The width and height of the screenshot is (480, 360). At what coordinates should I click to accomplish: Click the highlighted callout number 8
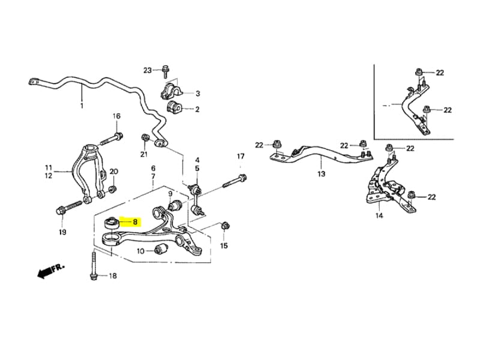(135, 221)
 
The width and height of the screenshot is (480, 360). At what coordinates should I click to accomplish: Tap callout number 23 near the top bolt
(148, 70)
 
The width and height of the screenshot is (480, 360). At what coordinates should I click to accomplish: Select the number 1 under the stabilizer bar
(82, 106)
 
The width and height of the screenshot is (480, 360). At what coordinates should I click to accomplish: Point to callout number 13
(321, 174)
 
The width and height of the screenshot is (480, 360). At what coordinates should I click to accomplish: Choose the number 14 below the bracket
(379, 215)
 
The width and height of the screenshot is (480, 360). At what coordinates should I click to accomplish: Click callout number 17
(241, 157)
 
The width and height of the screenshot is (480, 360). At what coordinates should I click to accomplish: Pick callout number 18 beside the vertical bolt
(113, 275)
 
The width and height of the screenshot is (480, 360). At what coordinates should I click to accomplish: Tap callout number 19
(62, 232)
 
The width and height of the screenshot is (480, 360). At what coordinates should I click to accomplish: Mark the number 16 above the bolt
(116, 116)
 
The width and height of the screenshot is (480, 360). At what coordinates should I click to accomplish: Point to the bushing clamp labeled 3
(171, 91)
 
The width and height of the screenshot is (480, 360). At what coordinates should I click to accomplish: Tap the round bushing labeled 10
(160, 249)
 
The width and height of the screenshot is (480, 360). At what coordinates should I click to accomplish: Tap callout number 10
(140, 251)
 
